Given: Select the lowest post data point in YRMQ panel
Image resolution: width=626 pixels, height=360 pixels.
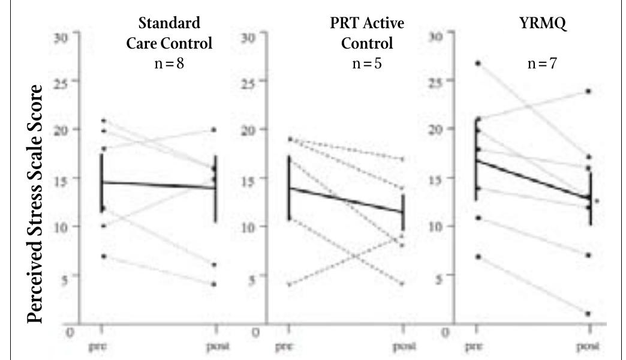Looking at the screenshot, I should pyautogui.click(x=588, y=314).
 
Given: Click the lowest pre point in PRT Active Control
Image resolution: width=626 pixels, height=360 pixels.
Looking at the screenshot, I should pyautogui.click(x=290, y=284).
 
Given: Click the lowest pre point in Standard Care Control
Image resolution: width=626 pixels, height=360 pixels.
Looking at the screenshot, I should pyautogui.click(x=103, y=256).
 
